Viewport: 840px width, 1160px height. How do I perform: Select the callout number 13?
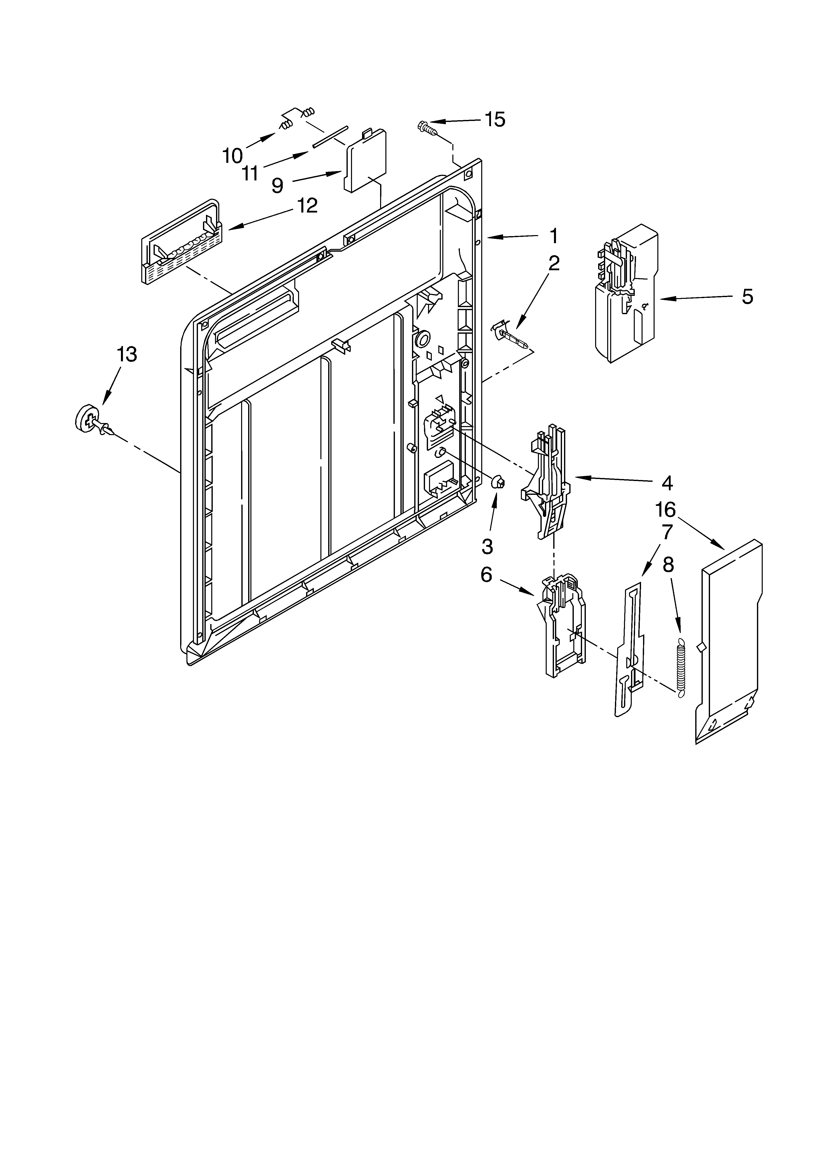click(127, 354)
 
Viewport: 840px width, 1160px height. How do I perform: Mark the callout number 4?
click(666, 482)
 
